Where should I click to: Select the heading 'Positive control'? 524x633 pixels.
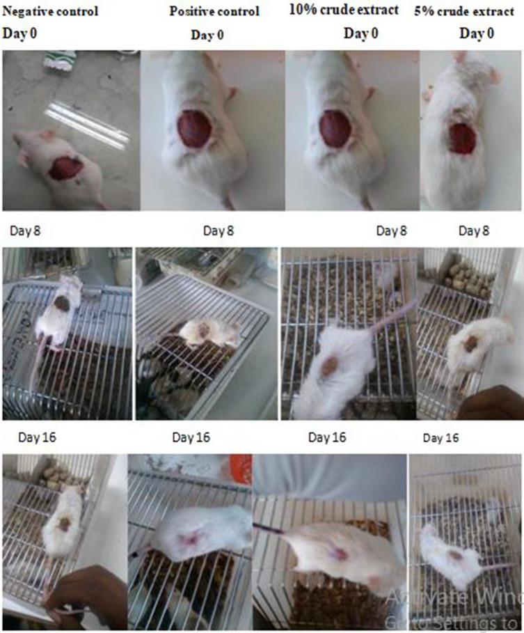click(214, 12)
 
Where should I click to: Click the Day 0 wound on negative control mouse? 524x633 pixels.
click(67, 168)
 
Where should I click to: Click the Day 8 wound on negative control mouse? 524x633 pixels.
click(63, 303)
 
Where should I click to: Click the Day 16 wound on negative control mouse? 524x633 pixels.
click(64, 524)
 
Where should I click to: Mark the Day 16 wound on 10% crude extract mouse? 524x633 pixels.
click(339, 553)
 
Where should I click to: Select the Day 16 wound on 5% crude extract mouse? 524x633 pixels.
click(454, 556)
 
